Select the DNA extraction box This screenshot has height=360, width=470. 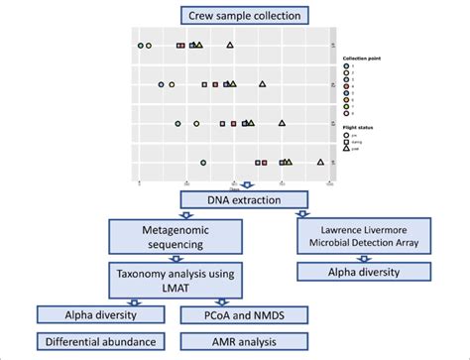(244, 201)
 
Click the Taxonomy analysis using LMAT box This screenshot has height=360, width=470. (175, 280)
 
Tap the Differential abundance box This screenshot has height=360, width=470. (102, 343)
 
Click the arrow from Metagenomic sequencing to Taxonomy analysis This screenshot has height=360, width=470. (175, 258)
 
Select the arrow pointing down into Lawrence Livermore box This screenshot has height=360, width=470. (302, 212)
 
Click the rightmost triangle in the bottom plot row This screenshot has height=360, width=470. (320, 162)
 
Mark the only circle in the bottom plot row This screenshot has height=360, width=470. (202, 162)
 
